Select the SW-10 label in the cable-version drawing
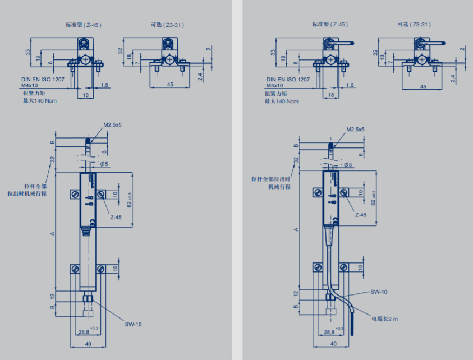(x=379, y=292)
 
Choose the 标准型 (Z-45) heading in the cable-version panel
(x=330, y=25)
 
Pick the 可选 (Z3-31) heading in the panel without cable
(x=167, y=25)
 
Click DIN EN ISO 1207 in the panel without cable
(x=44, y=79)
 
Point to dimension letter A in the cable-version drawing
(x=293, y=230)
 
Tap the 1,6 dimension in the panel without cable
(x=104, y=85)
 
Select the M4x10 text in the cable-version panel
(x=278, y=86)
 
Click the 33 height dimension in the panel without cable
(x=27, y=53)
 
